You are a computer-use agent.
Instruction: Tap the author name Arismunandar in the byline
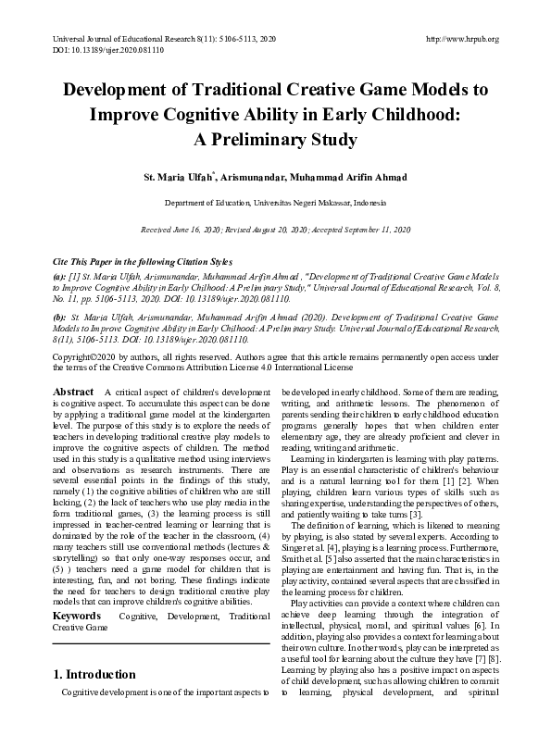click(261, 178)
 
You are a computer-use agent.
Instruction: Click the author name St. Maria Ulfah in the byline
click(178, 178)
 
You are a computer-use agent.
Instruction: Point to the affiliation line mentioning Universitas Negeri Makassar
click(275, 202)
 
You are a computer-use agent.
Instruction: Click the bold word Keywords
click(76, 615)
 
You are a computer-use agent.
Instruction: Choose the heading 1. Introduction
click(95, 674)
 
